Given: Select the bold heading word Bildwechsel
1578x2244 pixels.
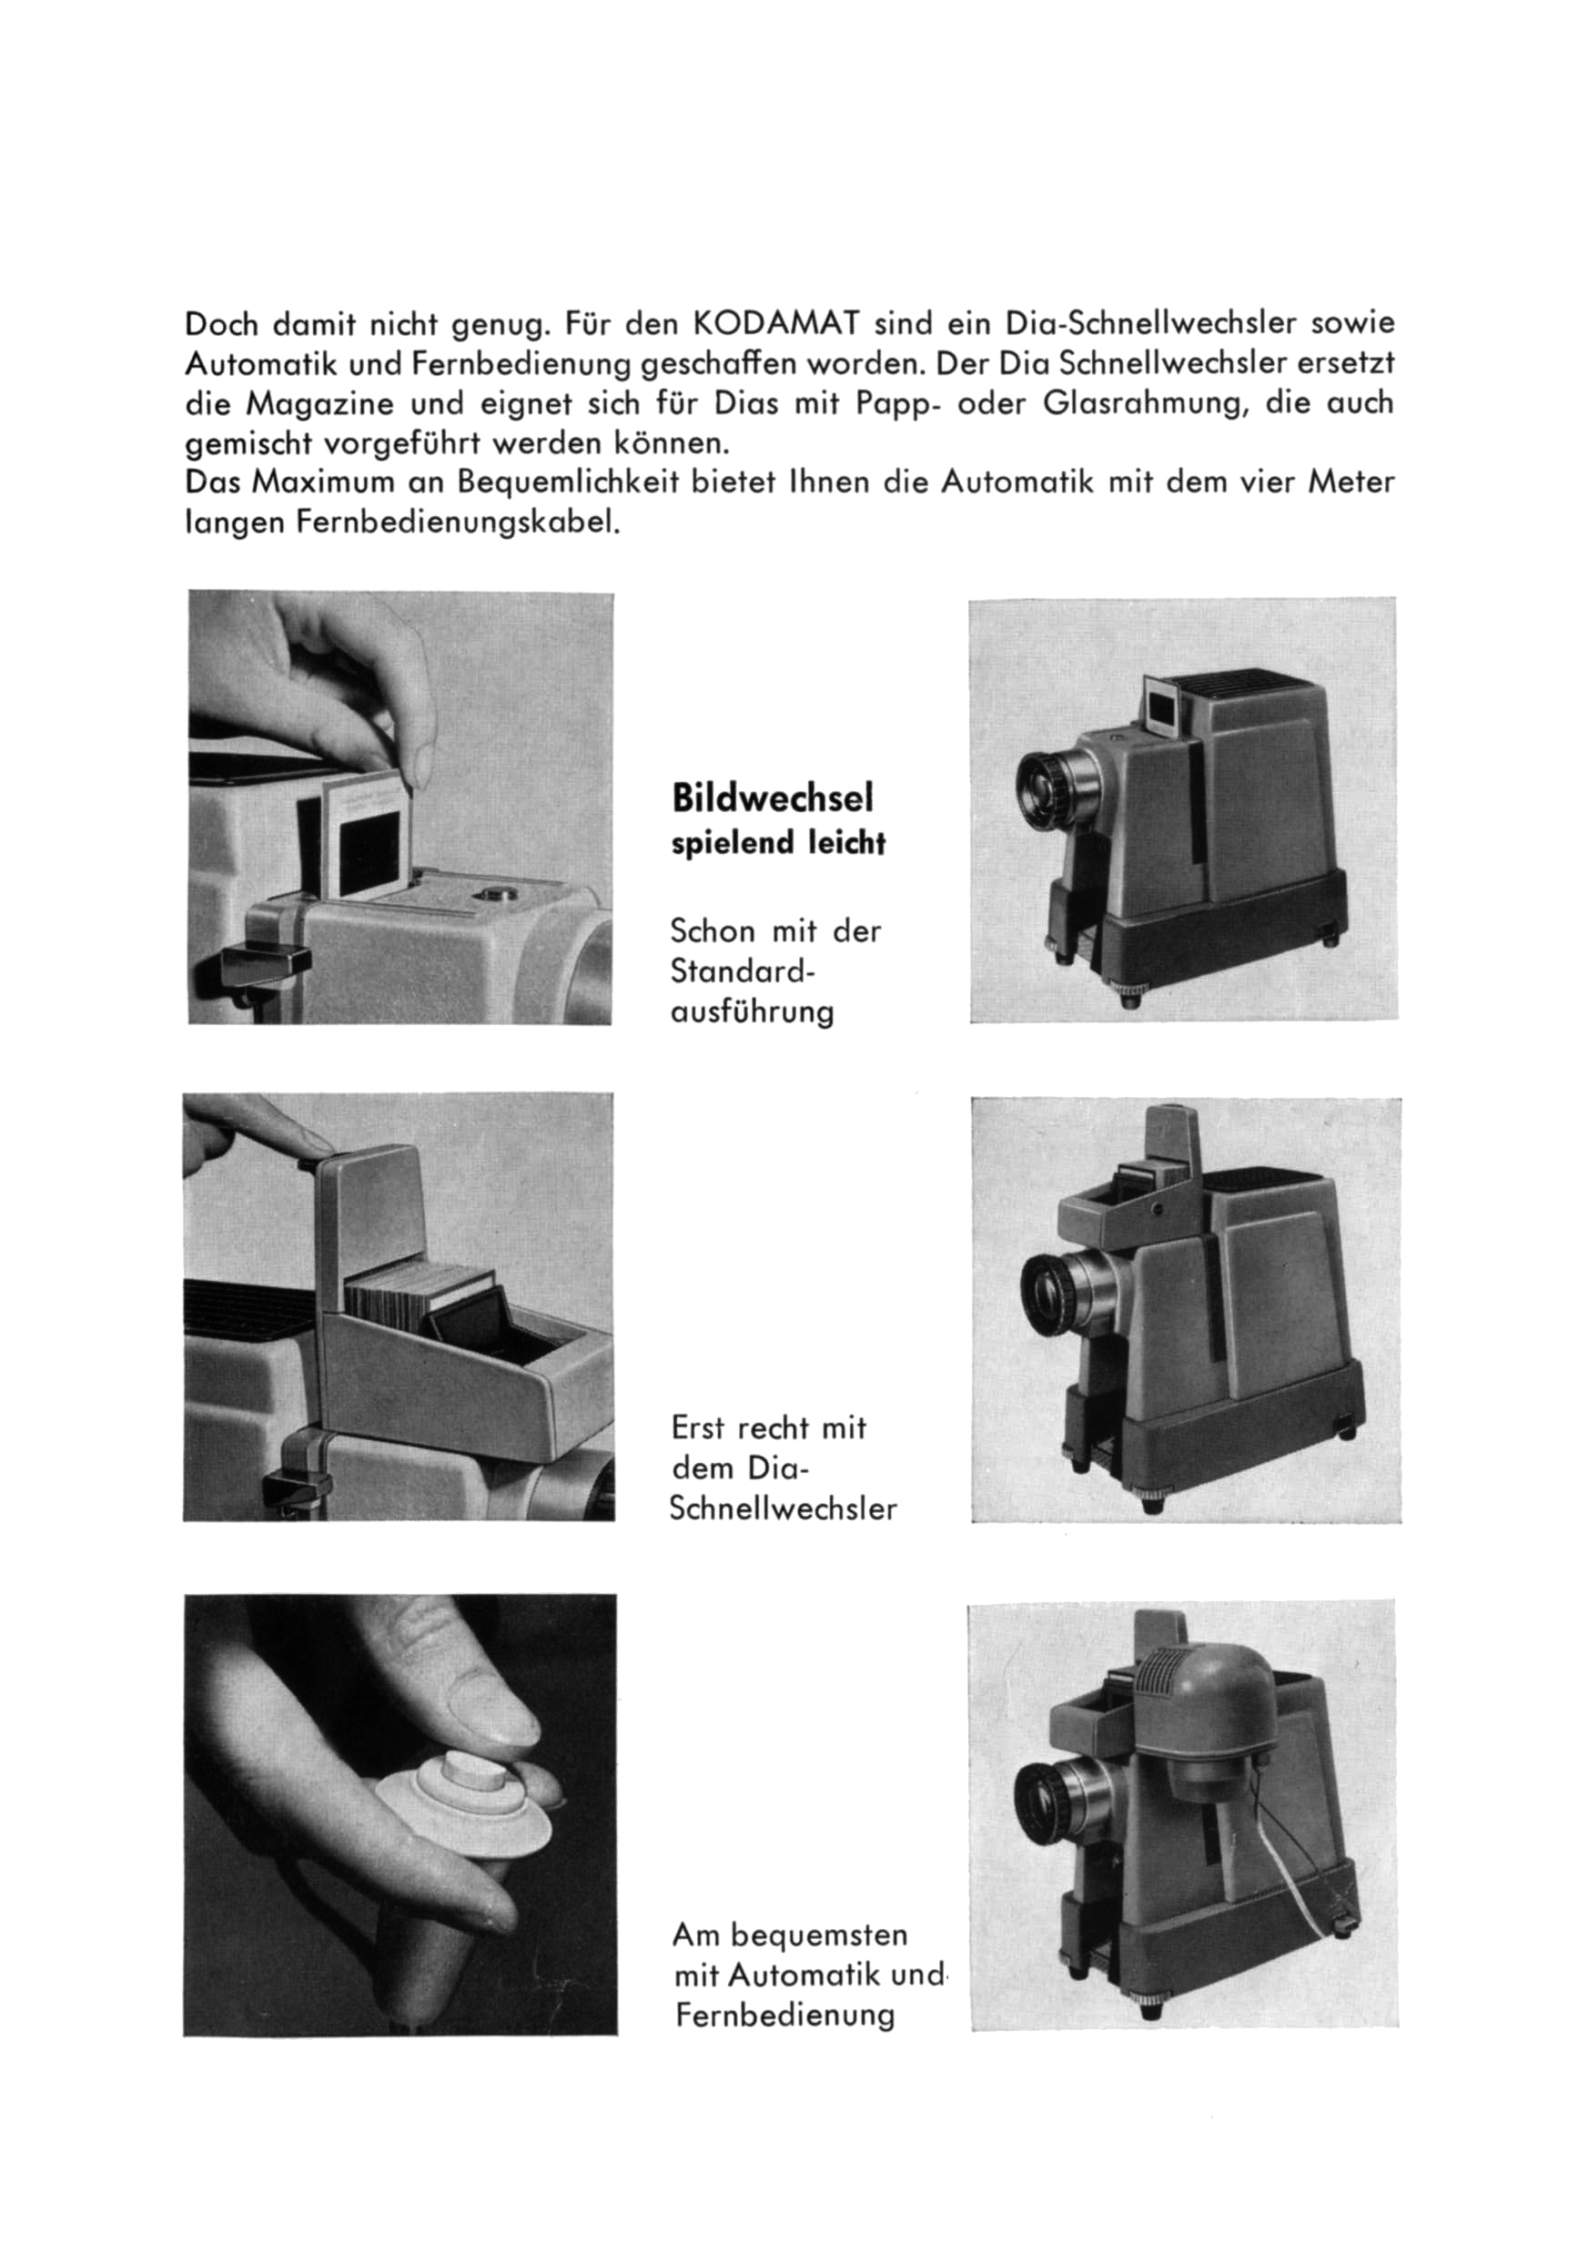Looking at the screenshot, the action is [772, 798].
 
